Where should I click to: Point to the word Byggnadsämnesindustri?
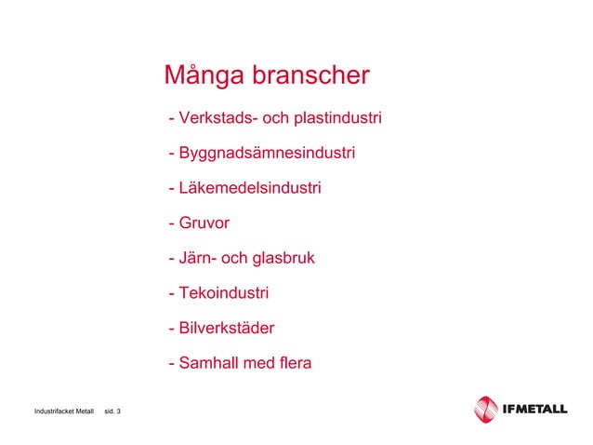pyautogui.click(x=267, y=154)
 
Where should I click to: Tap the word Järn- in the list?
pyautogui.click(x=200, y=258)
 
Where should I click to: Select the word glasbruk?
pyautogui.click(x=283, y=258)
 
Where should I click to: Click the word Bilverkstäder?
pyautogui.click(x=226, y=328)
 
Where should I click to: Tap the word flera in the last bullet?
pyautogui.click(x=294, y=363)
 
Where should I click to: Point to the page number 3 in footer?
pyautogui.click(x=118, y=411)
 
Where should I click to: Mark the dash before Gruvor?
pyautogui.click(x=171, y=224)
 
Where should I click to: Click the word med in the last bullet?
pyautogui.click(x=257, y=363)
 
